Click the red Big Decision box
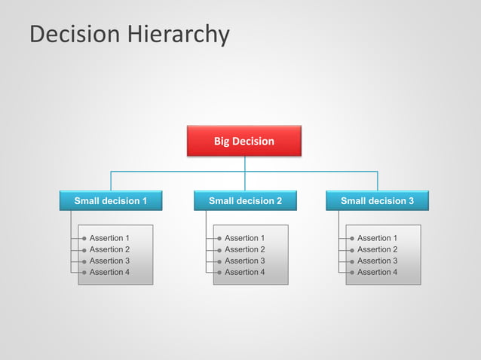(x=244, y=141)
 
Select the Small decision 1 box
(x=110, y=201)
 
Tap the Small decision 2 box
(x=245, y=201)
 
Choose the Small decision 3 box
(x=377, y=201)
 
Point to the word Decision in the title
(x=74, y=35)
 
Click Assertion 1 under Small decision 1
(x=109, y=238)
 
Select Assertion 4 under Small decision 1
(x=109, y=272)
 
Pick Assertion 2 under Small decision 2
(x=244, y=249)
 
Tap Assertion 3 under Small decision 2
(x=244, y=261)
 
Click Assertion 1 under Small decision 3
(x=377, y=238)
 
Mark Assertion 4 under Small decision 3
(x=377, y=272)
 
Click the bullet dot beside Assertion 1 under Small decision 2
(x=219, y=238)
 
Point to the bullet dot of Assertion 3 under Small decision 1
(x=84, y=261)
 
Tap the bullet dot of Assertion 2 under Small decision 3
(x=351, y=249)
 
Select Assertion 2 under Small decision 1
(x=109, y=249)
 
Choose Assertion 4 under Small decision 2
(x=244, y=272)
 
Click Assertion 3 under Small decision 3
(x=377, y=261)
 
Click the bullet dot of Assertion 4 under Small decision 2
(x=219, y=272)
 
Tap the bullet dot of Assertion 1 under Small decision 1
(x=84, y=238)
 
